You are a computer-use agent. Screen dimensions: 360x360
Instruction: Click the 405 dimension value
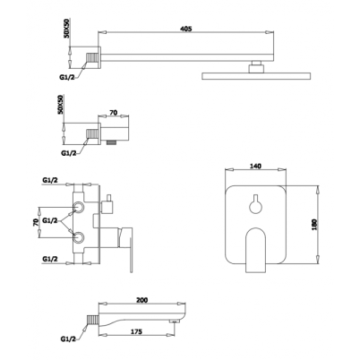185,29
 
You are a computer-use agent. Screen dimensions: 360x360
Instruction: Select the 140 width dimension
255,166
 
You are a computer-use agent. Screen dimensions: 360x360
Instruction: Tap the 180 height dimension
313,225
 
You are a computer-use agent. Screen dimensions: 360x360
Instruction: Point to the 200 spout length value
142,300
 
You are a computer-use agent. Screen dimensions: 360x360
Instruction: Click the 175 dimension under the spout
136,331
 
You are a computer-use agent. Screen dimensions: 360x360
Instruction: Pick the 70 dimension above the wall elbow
114,113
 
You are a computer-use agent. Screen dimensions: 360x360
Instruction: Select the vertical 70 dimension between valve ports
35,222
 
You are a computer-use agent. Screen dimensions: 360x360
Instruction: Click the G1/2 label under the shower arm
65,77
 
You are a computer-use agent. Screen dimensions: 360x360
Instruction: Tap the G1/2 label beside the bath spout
68,339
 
